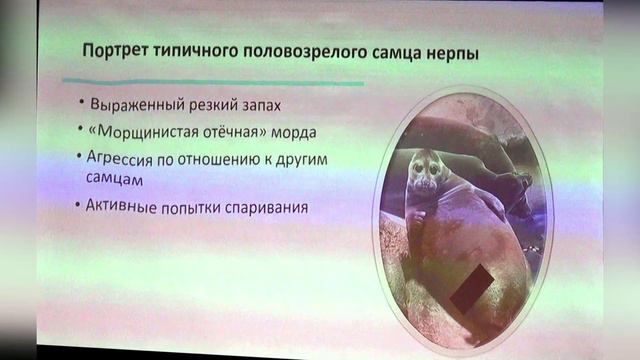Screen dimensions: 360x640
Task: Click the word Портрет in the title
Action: click(105, 51)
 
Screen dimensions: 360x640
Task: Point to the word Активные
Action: click(128, 208)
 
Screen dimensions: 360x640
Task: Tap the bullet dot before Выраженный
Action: click(81, 104)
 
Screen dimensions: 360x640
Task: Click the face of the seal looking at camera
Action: click(425, 171)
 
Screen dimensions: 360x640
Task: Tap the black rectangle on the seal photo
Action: click(465, 287)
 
